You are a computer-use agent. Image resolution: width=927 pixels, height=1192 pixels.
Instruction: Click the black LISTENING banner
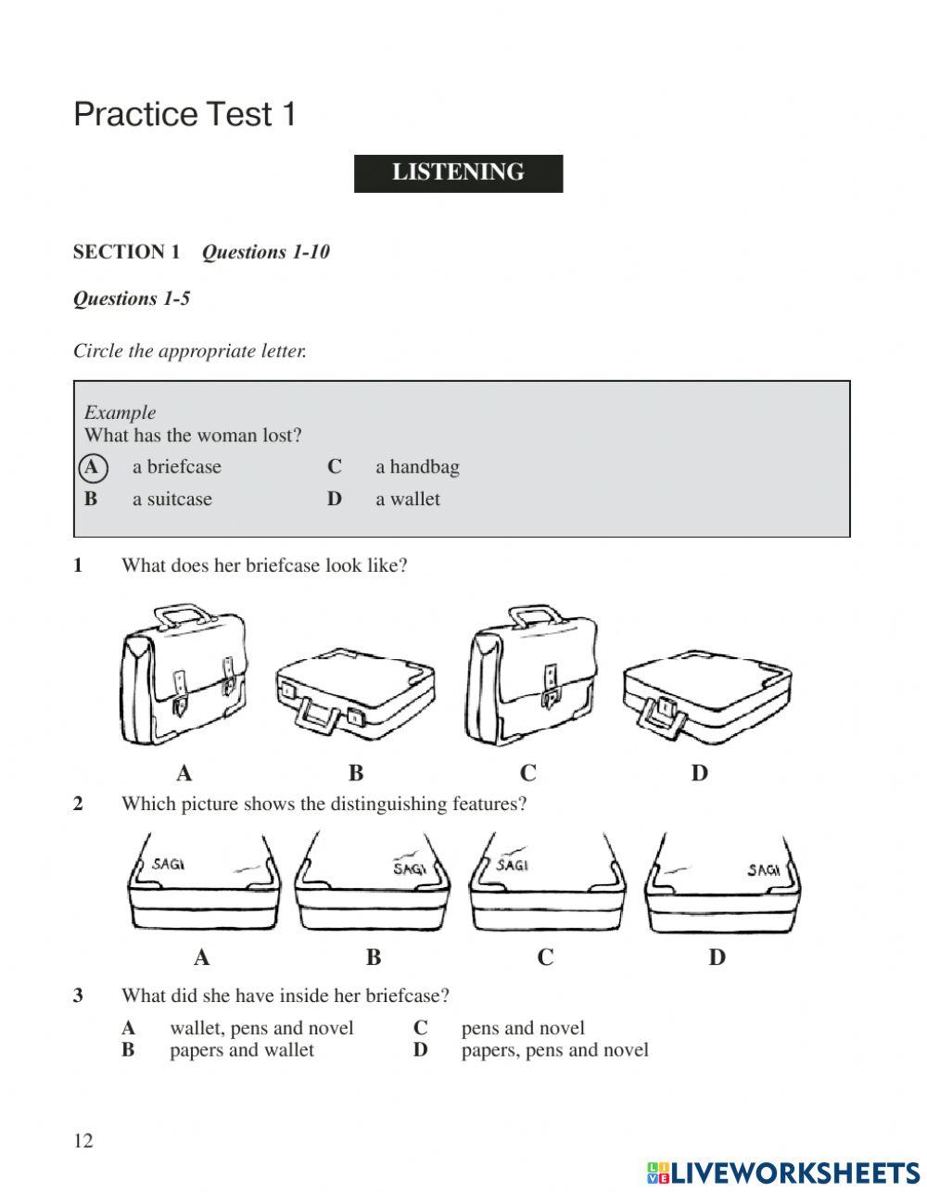click(458, 173)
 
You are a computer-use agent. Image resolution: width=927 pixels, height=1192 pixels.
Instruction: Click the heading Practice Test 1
click(184, 115)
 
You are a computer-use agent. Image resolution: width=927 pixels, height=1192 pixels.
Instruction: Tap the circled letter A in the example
click(92, 467)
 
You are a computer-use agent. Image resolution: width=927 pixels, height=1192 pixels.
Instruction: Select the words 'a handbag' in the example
click(417, 467)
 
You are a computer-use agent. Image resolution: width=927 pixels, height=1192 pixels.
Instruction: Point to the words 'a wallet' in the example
click(408, 500)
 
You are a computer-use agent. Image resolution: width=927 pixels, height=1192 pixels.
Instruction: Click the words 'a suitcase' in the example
click(172, 500)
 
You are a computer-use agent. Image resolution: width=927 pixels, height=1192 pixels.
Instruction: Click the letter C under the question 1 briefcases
click(527, 773)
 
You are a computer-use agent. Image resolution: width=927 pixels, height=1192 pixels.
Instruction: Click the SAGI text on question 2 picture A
click(168, 864)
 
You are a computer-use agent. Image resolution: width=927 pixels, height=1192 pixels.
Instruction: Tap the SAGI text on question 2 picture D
click(763, 869)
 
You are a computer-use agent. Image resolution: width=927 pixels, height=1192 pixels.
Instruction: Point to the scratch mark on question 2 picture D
click(679, 871)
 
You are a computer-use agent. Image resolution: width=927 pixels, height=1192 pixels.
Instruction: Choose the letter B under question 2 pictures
click(374, 957)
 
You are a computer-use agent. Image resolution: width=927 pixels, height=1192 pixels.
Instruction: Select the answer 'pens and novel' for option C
click(523, 1028)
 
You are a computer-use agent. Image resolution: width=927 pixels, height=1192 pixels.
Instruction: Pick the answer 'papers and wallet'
click(242, 1050)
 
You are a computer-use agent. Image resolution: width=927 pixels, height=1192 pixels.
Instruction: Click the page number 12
click(83, 1141)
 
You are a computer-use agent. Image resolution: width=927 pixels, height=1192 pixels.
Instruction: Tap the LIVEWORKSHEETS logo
click(783, 1173)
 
